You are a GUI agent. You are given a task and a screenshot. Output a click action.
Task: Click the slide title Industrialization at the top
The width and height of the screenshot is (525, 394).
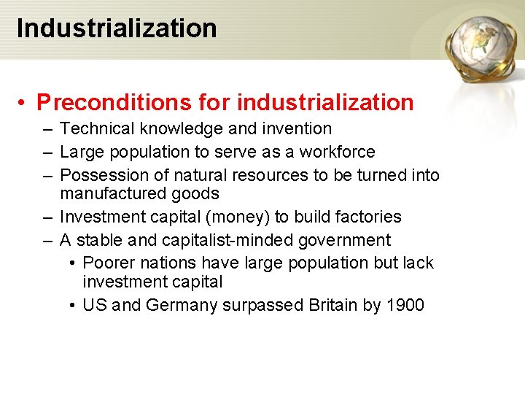point(117,28)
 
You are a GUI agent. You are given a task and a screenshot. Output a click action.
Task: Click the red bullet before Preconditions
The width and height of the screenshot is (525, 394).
point(24,102)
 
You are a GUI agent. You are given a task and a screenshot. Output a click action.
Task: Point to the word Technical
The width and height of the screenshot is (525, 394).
point(97,129)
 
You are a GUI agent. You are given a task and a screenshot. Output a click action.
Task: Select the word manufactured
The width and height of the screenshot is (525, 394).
point(113,194)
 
